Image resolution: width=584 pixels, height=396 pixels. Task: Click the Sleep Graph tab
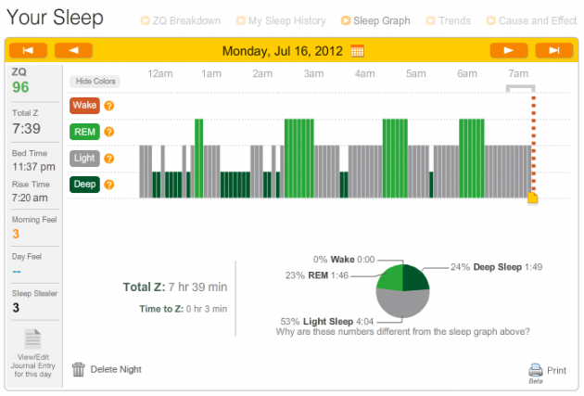(x=381, y=19)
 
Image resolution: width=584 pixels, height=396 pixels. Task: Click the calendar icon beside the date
(x=358, y=50)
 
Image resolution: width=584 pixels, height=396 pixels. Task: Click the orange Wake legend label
(x=84, y=106)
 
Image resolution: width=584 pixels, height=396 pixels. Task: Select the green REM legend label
(x=84, y=132)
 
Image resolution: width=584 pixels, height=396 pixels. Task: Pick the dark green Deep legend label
(x=84, y=185)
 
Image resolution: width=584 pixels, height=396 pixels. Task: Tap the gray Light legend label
(x=84, y=159)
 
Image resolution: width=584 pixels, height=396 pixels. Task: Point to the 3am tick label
(x=313, y=74)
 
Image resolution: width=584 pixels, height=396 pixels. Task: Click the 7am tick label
(x=518, y=74)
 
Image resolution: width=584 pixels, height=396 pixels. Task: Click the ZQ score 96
(x=20, y=87)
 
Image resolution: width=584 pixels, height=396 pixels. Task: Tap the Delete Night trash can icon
(x=79, y=369)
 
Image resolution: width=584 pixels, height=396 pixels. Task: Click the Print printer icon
(x=536, y=369)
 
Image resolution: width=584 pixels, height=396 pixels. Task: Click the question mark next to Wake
(x=108, y=106)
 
